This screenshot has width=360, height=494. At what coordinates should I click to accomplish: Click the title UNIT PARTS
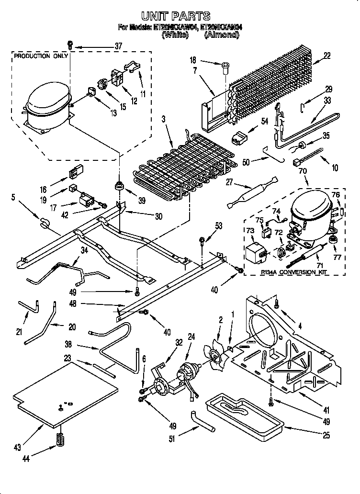pos(180,16)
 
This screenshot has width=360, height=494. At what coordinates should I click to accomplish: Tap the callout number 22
pos(327,56)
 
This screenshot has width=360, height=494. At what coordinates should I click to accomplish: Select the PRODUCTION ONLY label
pos(38,56)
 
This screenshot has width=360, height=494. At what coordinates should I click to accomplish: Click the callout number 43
pos(18,448)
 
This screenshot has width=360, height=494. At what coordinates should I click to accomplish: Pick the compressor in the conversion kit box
pos(311,211)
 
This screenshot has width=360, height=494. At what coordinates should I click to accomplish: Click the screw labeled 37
pos(70,46)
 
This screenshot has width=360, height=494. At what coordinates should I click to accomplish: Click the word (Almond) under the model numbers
pos(221,35)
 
